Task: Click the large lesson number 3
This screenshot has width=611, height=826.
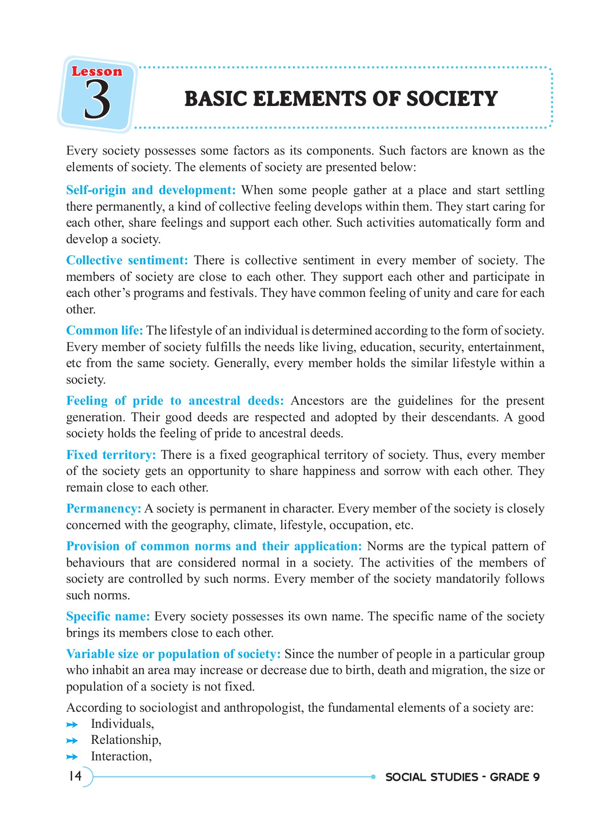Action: click(x=97, y=100)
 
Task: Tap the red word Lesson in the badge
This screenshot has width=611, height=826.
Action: click(x=97, y=72)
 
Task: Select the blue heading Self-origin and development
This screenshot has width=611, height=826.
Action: click(x=150, y=190)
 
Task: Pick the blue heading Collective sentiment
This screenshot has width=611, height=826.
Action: click(x=127, y=260)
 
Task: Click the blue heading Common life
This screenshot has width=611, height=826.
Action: click(x=105, y=330)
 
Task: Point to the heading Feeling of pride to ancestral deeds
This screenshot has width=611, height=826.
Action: click(x=175, y=401)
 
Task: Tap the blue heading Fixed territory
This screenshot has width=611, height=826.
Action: click(x=111, y=455)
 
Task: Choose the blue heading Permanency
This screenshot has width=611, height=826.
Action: click(x=104, y=508)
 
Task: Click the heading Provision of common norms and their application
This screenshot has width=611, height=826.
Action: click(x=214, y=546)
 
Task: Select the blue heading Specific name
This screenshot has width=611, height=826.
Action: click(x=108, y=616)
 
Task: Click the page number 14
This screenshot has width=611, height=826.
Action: click(x=75, y=776)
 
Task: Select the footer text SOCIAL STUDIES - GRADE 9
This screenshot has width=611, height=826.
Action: click(x=462, y=777)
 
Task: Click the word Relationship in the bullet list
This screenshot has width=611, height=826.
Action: click(x=126, y=740)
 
